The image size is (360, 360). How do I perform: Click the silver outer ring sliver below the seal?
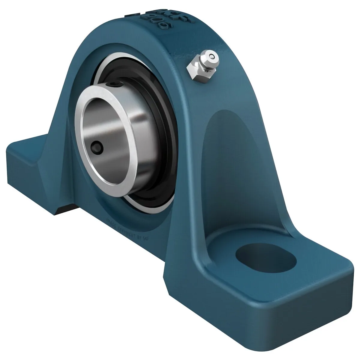[x=144, y=204]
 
